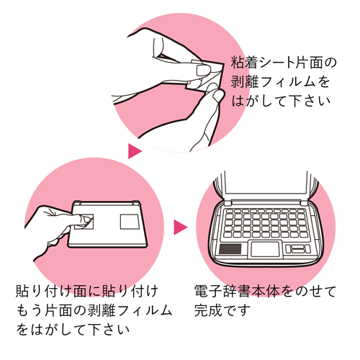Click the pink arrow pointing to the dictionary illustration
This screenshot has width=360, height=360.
coord(180,227)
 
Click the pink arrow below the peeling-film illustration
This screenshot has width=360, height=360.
coord(135,151)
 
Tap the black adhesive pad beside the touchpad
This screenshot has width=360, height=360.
coord(230,249)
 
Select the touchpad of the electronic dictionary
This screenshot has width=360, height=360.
coord(265,249)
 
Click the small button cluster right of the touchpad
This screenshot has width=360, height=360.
coord(298,249)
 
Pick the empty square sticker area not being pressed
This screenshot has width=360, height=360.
coord(130,222)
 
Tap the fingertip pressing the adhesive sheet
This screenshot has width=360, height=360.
coord(85,220)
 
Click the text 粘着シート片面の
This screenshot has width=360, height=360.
coord(284,63)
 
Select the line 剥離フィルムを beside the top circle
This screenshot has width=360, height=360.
coord(280,81)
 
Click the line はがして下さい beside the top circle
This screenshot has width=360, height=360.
coord(281,101)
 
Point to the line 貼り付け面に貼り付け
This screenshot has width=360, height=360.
coord(87,291)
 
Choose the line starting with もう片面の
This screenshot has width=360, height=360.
coord(94,310)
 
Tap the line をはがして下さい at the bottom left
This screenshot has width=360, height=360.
coord(73,330)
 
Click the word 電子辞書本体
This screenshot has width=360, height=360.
coord(237,291)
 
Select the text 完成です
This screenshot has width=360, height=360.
coord(222,310)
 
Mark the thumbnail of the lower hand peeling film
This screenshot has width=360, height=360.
coord(217,95)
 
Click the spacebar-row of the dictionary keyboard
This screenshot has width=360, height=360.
coord(264,234)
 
